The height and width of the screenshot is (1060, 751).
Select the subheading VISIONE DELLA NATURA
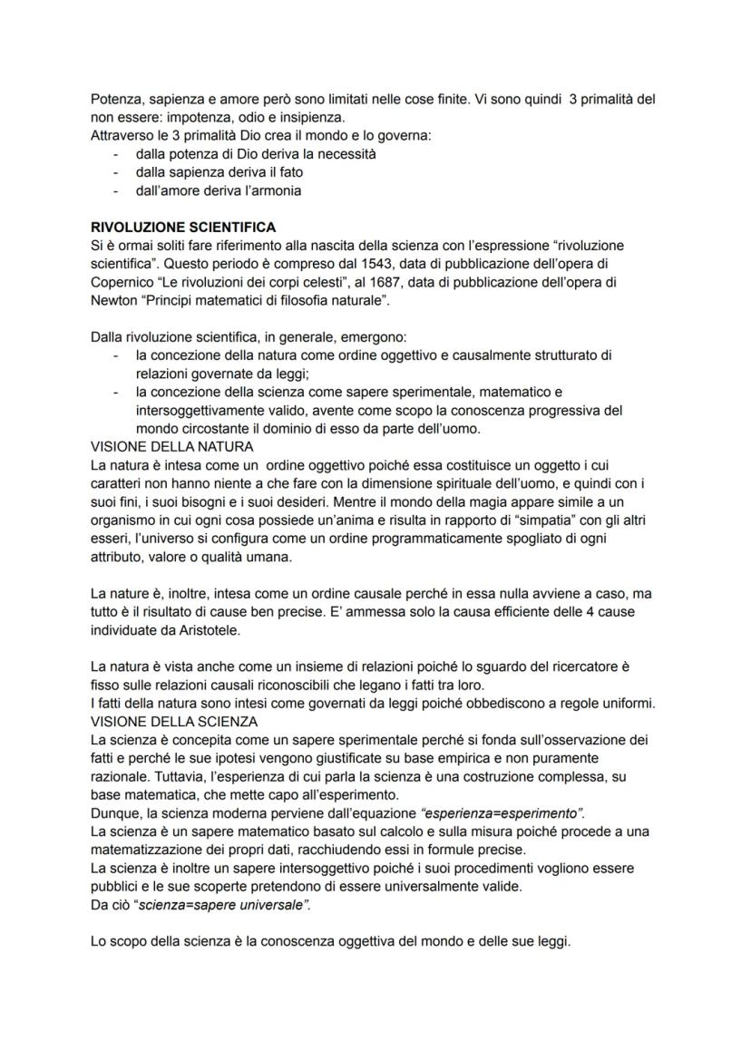(172, 447)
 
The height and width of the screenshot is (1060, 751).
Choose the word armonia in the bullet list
(273, 190)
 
